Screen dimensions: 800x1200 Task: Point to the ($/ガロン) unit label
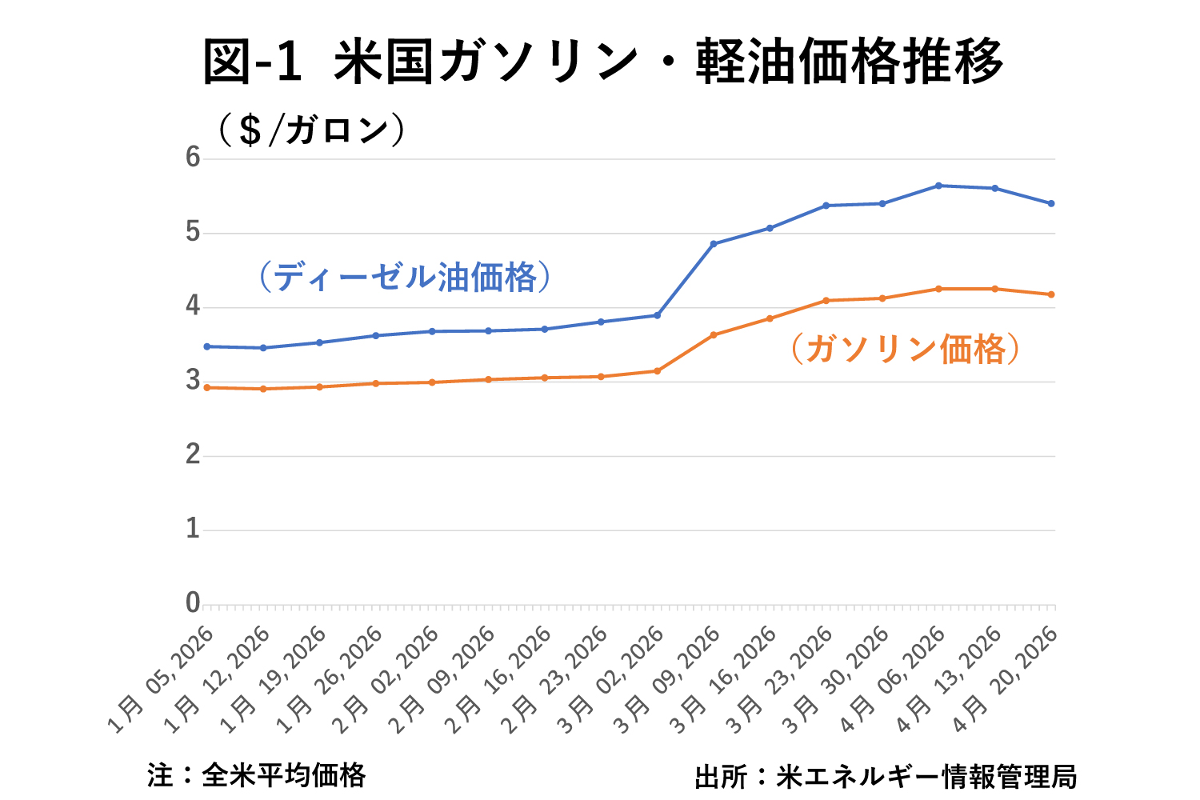[311, 130]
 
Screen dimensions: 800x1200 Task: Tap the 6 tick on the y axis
[193, 158]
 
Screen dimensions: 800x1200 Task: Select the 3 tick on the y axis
[193, 380]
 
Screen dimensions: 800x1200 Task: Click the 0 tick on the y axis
[193, 602]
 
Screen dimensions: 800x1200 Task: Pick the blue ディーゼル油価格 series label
[405, 277]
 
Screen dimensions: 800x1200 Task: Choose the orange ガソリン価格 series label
[906, 349]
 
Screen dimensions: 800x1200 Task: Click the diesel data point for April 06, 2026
[938, 186]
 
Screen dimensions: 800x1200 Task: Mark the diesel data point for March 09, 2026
[714, 243]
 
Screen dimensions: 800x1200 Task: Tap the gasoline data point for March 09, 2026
[714, 334]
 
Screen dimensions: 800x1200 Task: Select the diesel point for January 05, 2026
[206, 346]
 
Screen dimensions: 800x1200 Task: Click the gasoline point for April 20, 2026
[1051, 294]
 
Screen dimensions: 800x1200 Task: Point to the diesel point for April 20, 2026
[1051, 203]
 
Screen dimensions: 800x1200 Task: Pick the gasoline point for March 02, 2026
[657, 370]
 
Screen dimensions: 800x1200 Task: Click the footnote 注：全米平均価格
[257, 774]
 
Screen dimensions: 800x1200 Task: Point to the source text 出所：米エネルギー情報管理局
[886, 776]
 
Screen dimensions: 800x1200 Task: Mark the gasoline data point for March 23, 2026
[826, 301]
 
